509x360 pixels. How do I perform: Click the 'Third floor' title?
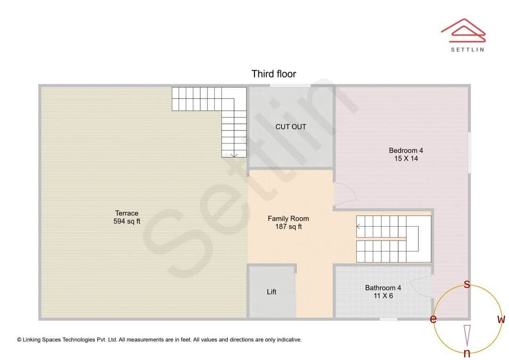(274, 74)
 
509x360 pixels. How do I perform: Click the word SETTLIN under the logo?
(467, 49)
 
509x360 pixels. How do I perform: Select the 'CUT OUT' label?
(291, 127)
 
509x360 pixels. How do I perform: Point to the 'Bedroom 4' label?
(406, 150)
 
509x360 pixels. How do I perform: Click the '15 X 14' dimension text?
(406, 159)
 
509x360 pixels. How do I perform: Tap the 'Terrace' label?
(127, 213)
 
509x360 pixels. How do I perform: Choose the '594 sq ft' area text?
(127, 221)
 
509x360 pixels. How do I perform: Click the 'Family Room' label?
(288, 218)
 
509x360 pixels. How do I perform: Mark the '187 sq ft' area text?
(288, 227)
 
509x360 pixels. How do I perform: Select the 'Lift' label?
(271, 292)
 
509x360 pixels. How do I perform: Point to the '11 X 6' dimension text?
(383, 296)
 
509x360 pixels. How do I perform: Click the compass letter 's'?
(467, 284)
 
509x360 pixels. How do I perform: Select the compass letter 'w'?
(501, 319)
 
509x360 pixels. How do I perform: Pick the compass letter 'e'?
(433, 319)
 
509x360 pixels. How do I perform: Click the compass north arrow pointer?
(467, 335)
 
